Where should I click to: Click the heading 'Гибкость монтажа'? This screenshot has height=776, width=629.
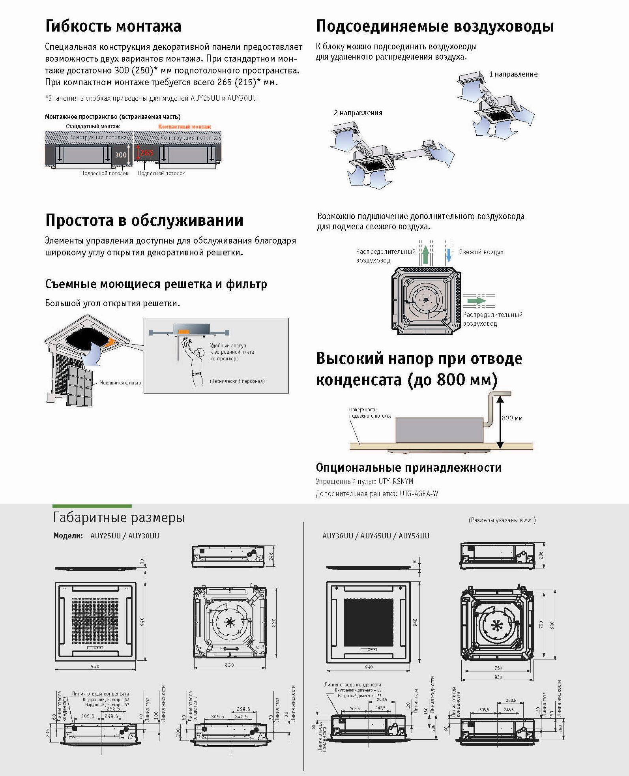click(113, 26)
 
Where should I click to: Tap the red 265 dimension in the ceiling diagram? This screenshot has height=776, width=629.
click(146, 152)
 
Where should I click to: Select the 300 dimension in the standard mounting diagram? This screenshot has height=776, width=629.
click(121, 155)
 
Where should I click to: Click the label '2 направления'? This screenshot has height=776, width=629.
click(358, 113)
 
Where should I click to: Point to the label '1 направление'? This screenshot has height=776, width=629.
click(513, 74)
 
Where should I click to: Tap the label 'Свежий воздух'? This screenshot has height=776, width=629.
click(481, 252)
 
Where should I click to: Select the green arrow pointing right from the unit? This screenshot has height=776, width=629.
click(476, 300)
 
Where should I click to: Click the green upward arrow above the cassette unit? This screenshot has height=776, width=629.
click(425, 255)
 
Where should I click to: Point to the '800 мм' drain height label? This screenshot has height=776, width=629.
click(512, 418)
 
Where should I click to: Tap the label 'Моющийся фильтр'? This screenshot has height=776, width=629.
click(120, 382)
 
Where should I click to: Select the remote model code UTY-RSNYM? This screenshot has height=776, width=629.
click(396, 481)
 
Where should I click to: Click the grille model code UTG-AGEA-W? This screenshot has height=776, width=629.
click(419, 493)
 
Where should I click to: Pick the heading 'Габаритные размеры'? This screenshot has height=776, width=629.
click(119, 517)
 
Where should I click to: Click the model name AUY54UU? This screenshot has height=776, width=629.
click(414, 536)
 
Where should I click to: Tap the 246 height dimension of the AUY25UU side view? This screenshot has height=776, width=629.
click(271, 557)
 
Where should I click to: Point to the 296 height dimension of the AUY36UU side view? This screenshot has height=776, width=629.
click(541, 555)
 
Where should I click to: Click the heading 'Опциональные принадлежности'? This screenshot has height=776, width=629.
click(409, 467)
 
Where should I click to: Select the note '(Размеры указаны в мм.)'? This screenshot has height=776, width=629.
click(502, 520)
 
